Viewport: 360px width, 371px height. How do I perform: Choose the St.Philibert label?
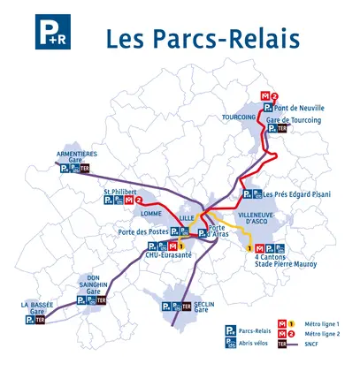(x=119, y=192)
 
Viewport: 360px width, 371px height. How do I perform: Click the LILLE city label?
(x=186, y=216)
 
